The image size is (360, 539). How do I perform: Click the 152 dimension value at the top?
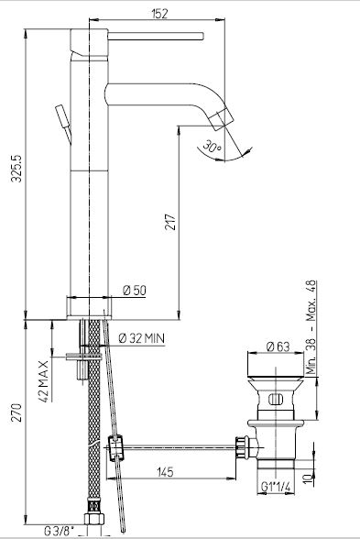pyautogui.click(x=159, y=14)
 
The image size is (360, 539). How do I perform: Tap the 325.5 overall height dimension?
pyautogui.click(x=16, y=169)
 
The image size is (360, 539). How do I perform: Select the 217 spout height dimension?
pyautogui.click(x=170, y=223)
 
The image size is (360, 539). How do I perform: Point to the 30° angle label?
pyautogui.click(x=212, y=147)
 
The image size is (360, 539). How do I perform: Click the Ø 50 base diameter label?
pyautogui.click(x=135, y=291)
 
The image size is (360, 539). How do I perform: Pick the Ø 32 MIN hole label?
pyautogui.click(x=141, y=338)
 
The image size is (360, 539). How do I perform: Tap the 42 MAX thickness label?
pyautogui.click(x=44, y=381)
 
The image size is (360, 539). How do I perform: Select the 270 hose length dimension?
pyautogui.click(x=16, y=412)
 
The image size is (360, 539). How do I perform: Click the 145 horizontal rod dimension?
pyautogui.click(x=165, y=472)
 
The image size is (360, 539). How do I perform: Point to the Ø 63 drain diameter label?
pyautogui.click(x=278, y=346)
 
